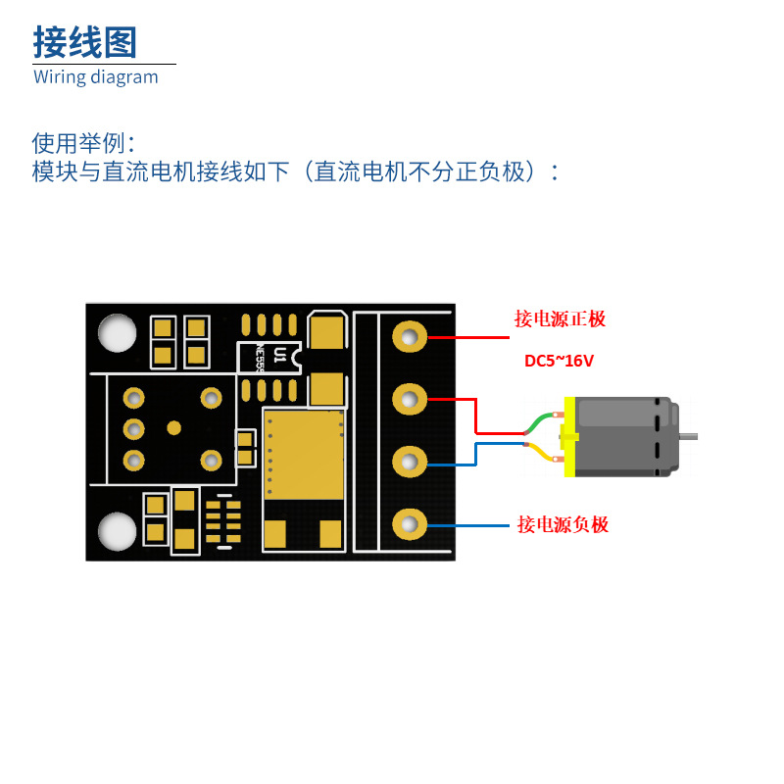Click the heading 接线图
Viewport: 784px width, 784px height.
tap(85, 43)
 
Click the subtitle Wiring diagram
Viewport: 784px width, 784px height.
tap(95, 77)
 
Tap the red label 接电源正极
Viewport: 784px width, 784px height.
tap(561, 319)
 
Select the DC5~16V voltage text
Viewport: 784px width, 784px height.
tap(559, 361)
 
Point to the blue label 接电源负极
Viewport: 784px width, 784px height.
tap(563, 525)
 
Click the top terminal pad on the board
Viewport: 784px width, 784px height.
tap(411, 337)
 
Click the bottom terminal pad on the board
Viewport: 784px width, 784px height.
tap(411, 524)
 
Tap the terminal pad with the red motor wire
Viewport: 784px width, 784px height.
tap(411, 399)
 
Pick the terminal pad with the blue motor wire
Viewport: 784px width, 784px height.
tap(411, 462)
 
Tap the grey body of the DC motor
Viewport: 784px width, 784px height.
tap(622, 437)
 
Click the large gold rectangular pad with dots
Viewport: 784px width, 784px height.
tap(304, 455)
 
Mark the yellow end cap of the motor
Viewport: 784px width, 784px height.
tap(568, 436)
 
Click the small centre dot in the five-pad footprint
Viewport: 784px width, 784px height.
tap(174, 428)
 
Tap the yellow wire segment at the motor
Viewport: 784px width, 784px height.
tap(540, 452)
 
